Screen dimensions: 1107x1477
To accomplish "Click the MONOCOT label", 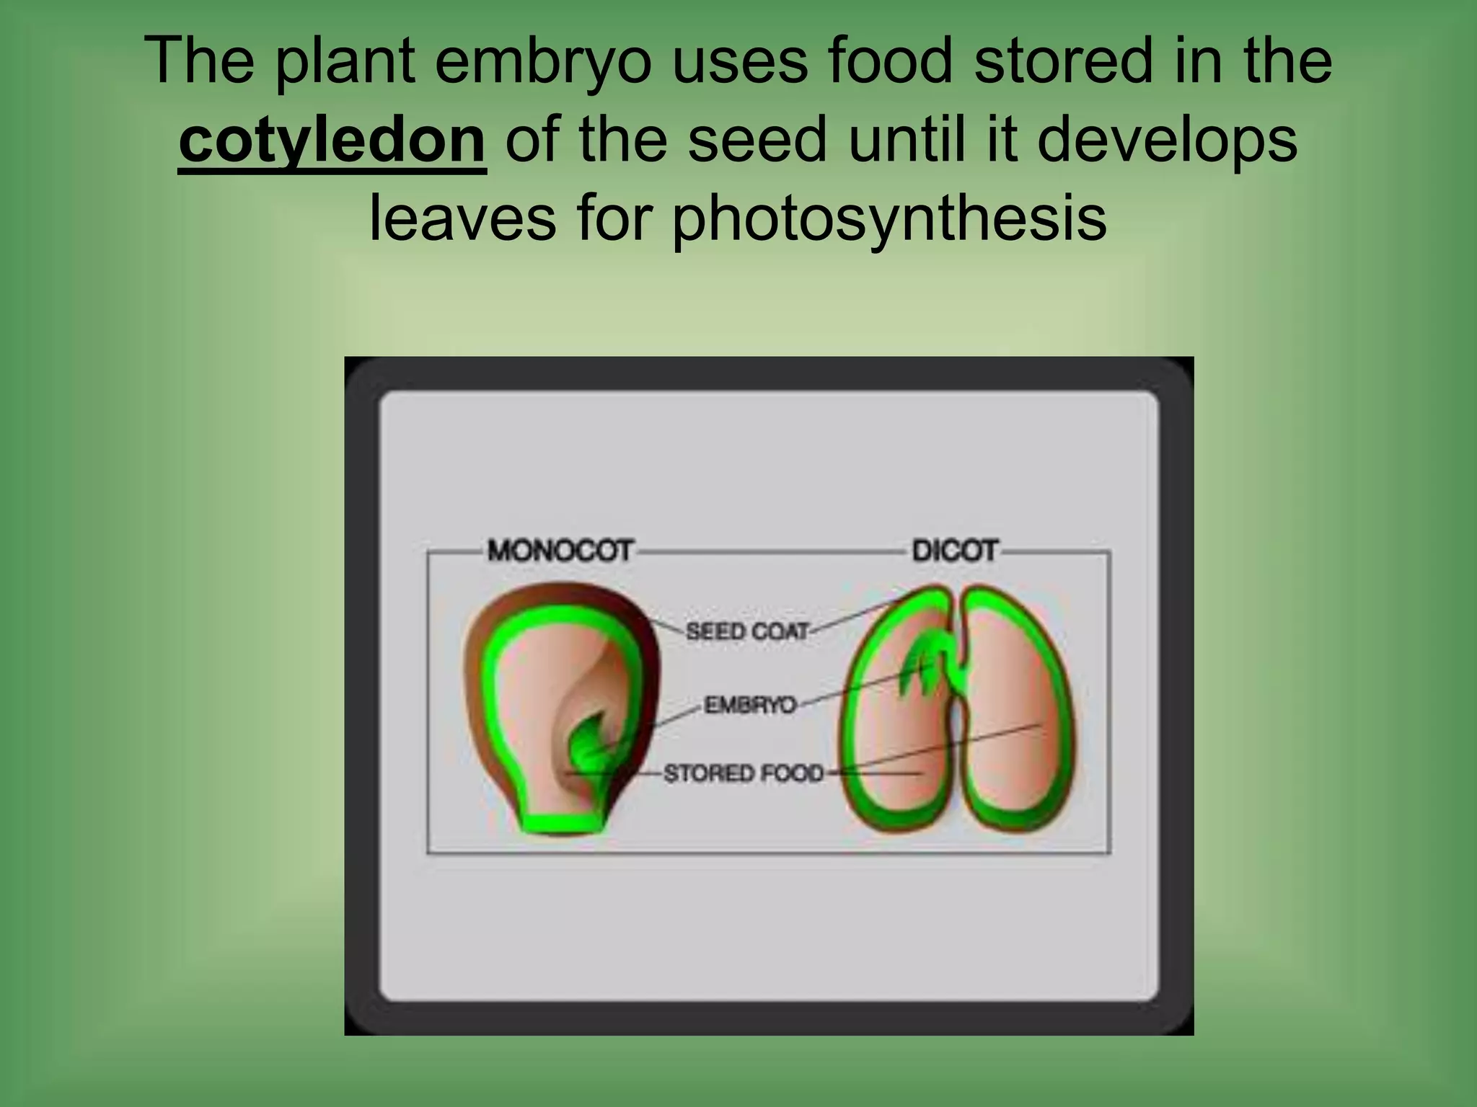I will pyautogui.click(x=560, y=551).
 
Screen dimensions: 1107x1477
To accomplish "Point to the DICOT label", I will pyautogui.click(x=954, y=551).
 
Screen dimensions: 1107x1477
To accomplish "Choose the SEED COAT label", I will pyautogui.click(x=747, y=632).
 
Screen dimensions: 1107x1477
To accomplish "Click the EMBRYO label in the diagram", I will pyautogui.click(x=750, y=704).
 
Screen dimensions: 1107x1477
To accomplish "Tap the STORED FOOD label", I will pyautogui.click(x=744, y=773).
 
